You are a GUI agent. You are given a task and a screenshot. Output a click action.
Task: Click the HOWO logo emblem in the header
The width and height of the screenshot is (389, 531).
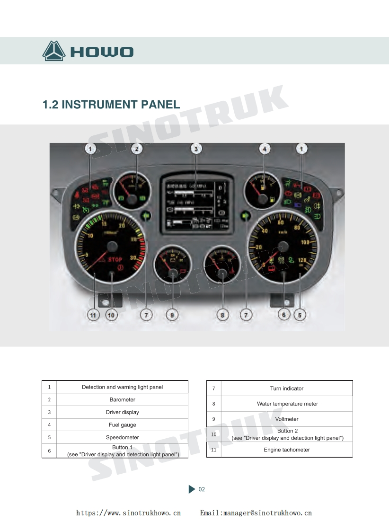53,51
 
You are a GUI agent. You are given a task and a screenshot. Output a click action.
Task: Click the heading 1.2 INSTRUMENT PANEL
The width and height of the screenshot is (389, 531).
111,105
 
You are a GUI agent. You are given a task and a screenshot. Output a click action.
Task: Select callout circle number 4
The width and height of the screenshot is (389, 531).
265,149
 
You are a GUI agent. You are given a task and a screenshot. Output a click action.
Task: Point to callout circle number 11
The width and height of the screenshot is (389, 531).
94,314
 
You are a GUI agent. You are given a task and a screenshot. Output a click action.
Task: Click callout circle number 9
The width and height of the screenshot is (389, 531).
172,314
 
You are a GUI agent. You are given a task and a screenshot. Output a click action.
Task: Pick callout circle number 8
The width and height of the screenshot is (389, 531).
222,314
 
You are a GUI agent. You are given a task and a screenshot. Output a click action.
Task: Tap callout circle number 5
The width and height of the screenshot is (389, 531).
300,314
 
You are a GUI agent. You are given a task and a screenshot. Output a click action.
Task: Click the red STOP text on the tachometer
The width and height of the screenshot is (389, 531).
115,259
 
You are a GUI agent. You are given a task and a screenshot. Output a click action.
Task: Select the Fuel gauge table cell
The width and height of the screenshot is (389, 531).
122,425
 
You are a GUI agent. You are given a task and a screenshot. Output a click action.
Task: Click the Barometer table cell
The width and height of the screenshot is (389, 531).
122,399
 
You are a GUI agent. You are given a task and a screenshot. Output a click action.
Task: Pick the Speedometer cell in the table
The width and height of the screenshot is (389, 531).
122,437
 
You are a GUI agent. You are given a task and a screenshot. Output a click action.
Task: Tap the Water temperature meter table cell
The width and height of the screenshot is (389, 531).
287,404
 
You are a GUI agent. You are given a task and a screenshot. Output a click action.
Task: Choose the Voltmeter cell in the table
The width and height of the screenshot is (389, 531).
287,419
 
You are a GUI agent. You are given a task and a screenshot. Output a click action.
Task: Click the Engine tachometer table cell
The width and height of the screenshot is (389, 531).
287,450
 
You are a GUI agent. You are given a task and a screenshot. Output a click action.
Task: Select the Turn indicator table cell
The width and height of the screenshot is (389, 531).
287,388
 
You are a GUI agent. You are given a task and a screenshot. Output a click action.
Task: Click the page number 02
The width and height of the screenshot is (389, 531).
202,489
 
